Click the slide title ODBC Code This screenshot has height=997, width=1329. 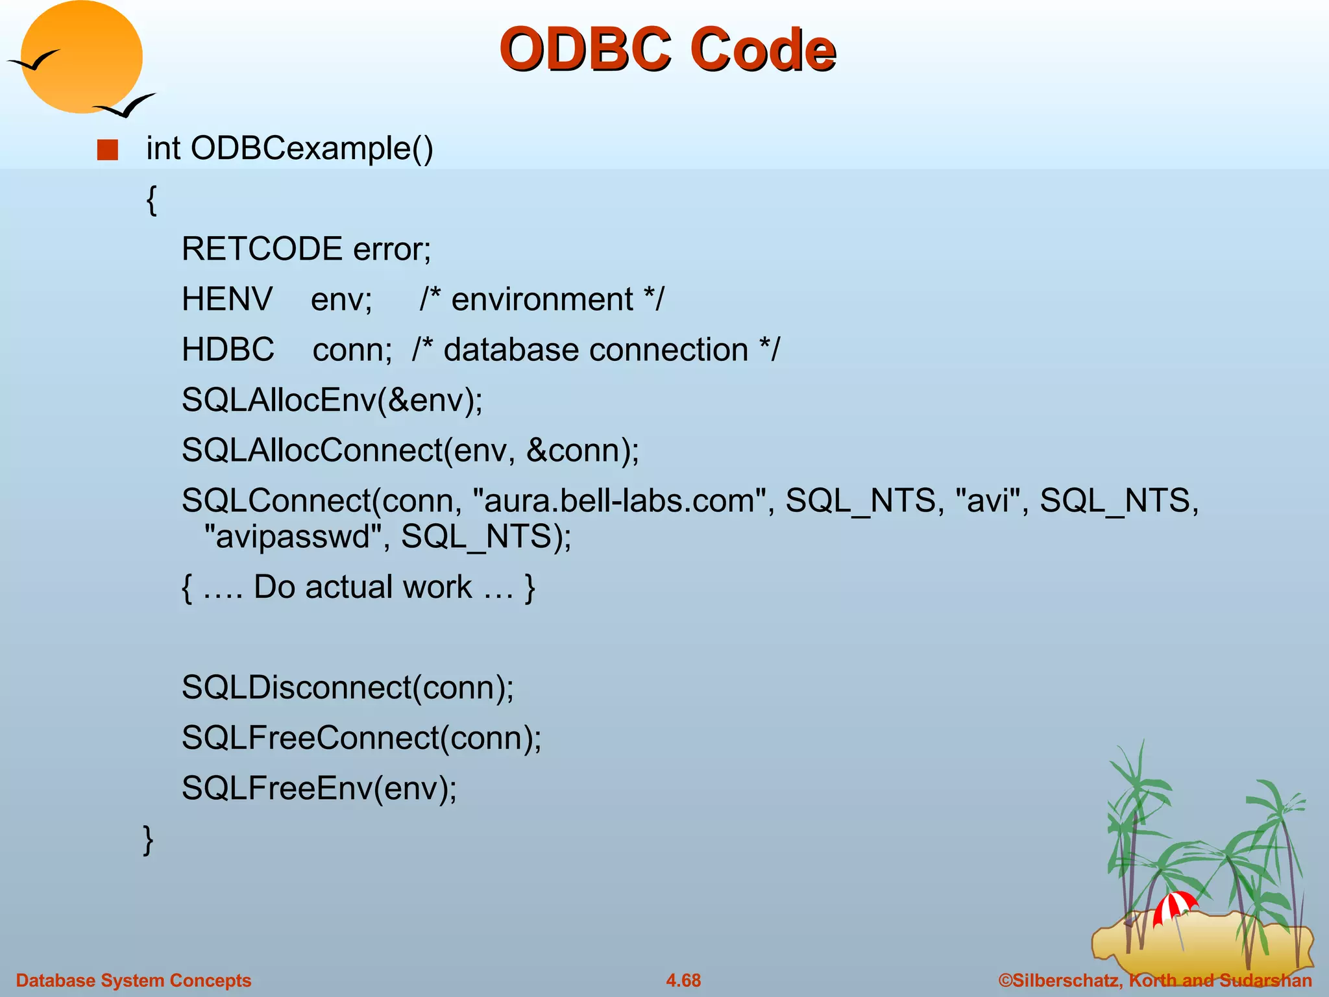[x=667, y=49]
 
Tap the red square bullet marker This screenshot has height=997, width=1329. [x=108, y=150]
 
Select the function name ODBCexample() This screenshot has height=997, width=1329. [x=311, y=149]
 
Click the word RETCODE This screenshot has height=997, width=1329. [x=262, y=249]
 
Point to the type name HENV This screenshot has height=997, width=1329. [x=227, y=300]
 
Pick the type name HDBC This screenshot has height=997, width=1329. [x=228, y=350]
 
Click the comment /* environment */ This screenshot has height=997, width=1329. [x=541, y=300]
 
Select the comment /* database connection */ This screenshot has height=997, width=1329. [x=595, y=350]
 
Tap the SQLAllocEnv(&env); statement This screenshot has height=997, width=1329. [x=332, y=400]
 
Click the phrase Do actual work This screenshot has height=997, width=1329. [x=362, y=587]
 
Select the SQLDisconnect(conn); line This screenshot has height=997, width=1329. [x=347, y=687]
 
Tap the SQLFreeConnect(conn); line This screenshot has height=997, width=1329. [x=361, y=738]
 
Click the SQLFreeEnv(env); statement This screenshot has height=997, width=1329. [x=319, y=789]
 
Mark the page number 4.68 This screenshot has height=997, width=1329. [x=683, y=980]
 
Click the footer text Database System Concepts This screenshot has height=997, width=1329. [x=133, y=980]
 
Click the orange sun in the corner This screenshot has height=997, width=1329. [x=82, y=57]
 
